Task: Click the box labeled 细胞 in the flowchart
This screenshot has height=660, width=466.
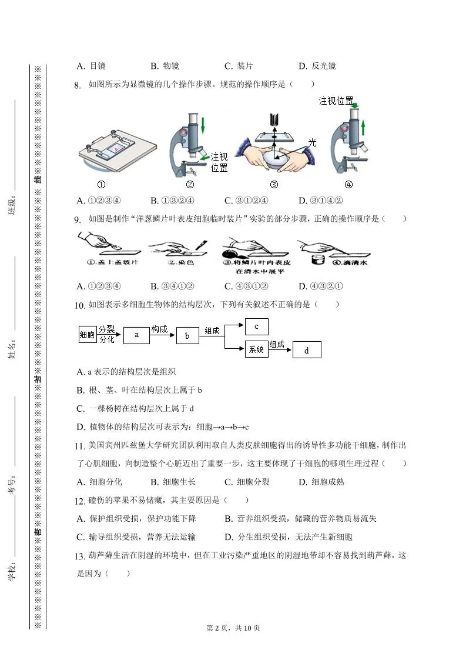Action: (87, 335)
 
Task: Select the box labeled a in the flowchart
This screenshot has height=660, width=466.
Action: (136, 335)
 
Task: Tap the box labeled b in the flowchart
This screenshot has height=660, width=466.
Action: (187, 336)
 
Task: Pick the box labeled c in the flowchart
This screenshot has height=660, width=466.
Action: (256, 326)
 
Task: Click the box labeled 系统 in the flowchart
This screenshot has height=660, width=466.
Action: (256, 349)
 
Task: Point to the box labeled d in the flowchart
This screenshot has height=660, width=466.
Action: (306, 350)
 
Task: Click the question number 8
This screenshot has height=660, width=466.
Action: (77, 85)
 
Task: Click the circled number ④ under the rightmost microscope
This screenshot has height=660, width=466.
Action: (348, 184)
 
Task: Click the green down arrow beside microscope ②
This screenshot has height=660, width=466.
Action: (203, 125)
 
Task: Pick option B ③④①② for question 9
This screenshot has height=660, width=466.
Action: (172, 286)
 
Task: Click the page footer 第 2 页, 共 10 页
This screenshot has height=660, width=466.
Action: (233, 628)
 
